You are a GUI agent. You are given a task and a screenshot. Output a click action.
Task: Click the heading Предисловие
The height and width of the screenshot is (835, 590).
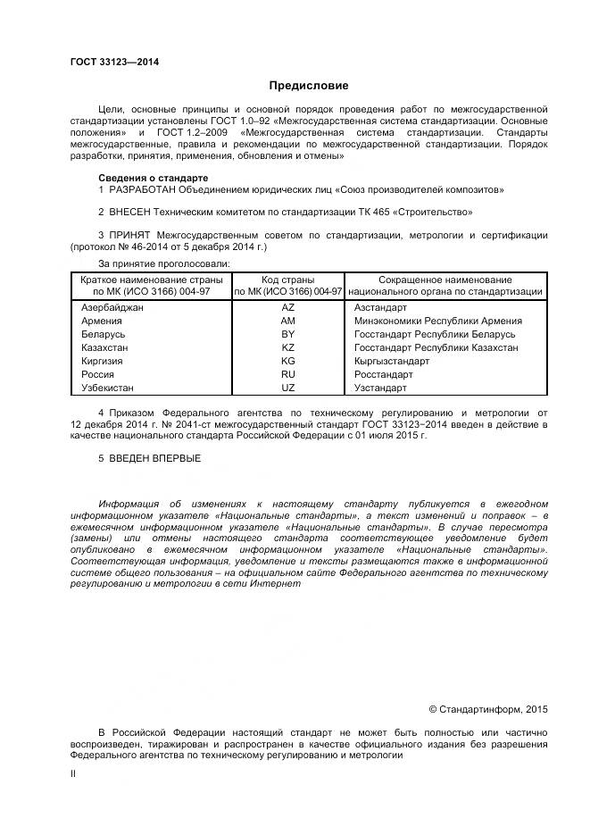click(x=309, y=86)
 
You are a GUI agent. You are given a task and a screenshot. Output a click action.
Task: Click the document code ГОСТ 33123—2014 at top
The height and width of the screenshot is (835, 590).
click(x=109, y=62)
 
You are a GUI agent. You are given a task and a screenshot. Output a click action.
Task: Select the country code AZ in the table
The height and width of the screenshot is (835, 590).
click(x=287, y=307)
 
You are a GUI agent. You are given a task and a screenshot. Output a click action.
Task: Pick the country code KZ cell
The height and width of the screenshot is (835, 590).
click(x=287, y=347)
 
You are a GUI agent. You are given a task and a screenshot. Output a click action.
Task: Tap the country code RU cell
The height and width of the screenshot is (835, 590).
click(x=287, y=375)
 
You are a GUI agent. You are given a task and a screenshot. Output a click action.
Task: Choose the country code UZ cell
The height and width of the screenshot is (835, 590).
click(x=287, y=388)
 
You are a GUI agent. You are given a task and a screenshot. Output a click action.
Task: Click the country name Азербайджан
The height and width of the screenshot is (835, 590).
click(x=112, y=307)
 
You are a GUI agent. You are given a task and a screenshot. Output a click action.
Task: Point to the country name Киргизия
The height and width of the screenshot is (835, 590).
click(x=102, y=362)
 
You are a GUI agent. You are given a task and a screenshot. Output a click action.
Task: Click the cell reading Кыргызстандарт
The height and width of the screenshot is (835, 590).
click(x=392, y=362)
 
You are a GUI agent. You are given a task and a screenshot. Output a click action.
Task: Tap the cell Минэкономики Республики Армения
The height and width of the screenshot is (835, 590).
click(x=438, y=321)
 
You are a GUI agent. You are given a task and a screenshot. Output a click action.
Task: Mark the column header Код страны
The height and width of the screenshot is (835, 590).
click(x=287, y=280)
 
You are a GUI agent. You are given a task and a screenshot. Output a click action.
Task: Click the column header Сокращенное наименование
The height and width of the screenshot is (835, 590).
click(x=445, y=280)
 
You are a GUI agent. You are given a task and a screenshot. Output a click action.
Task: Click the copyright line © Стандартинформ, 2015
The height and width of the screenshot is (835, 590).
click(x=488, y=709)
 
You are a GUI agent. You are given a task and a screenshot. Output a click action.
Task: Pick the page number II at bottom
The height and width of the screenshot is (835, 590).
click(x=73, y=775)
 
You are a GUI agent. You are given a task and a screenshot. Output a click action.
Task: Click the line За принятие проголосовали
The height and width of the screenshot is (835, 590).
click(x=163, y=263)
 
